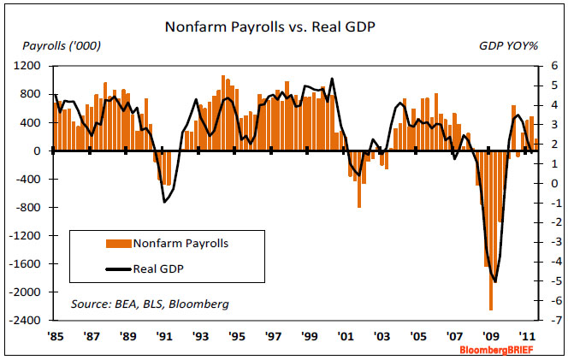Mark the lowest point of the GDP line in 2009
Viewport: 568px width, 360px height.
(x=495, y=281)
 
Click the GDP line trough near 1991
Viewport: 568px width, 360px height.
(x=164, y=201)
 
